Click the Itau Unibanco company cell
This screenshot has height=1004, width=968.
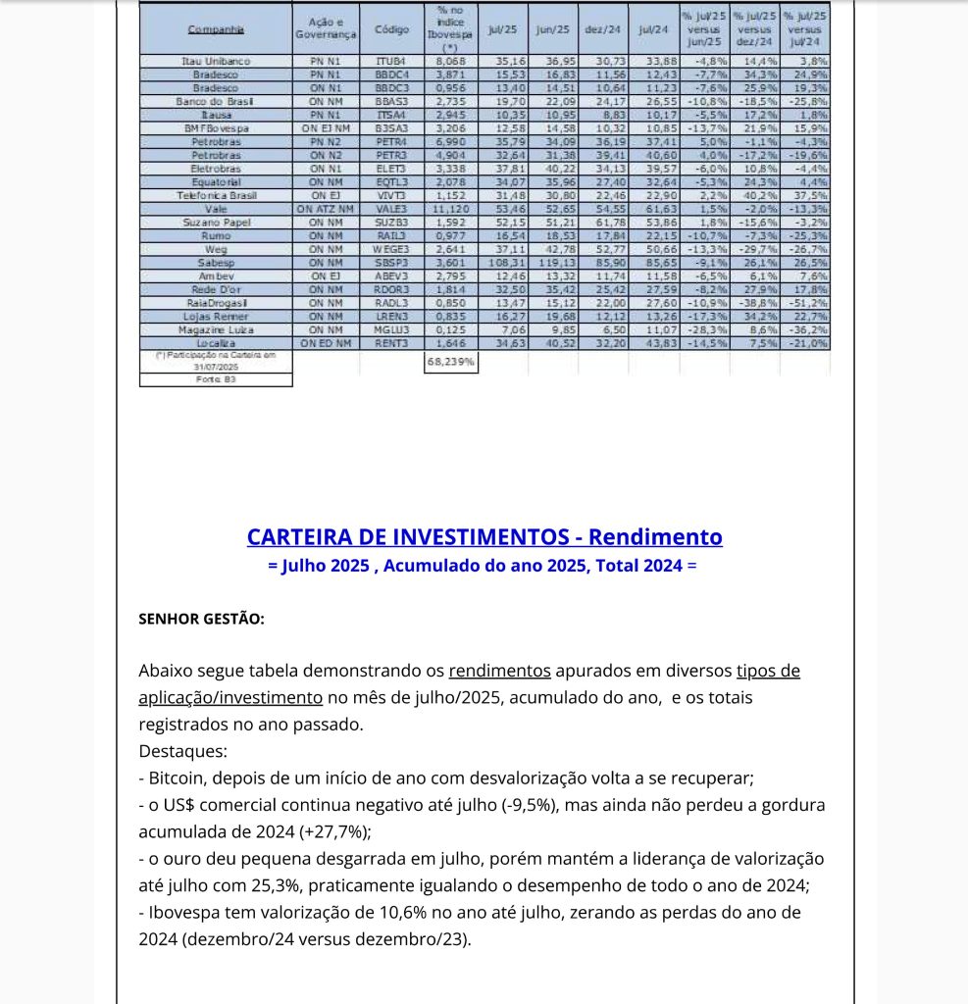click(x=216, y=61)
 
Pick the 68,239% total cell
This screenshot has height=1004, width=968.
click(x=451, y=361)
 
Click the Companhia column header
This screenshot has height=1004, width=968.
click(x=216, y=30)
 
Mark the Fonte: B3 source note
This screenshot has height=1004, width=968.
click(x=216, y=379)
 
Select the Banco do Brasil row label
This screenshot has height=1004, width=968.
click(x=216, y=102)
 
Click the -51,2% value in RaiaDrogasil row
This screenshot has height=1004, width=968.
click(x=809, y=304)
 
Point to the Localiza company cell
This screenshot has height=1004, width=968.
click(x=216, y=344)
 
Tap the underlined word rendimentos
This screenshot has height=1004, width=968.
click(x=499, y=672)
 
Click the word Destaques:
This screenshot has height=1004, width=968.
click(x=182, y=752)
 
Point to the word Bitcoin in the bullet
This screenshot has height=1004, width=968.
click(x=178, y=778)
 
